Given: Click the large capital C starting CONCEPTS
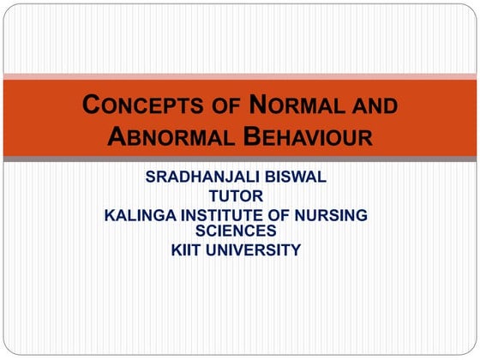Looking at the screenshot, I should pyautogui.click(x=91, y=106).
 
